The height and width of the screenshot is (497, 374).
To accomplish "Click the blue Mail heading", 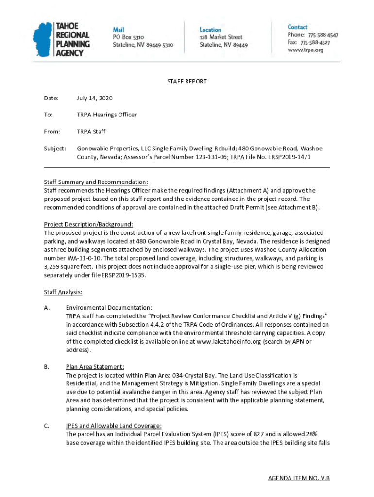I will (x=119, y=30).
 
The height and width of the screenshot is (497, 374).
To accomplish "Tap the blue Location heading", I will (x=210, y=30).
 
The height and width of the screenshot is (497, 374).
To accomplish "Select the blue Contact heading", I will (x=297, y=27).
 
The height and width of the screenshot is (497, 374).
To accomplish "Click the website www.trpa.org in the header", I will (x=305, y=50).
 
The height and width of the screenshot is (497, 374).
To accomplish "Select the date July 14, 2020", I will (x=94, y=98).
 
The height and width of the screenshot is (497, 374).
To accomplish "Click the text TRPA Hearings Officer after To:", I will (x=107, y=115).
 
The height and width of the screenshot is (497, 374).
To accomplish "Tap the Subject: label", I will (x=55, y=148).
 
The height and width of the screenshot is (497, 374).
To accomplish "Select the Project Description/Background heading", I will (x=88, y=224).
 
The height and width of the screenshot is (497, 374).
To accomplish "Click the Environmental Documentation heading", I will (x=109, y=307).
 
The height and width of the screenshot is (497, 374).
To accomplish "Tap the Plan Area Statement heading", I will (x=95, y=367).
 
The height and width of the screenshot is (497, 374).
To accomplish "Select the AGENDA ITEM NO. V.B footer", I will (x=299, y=478).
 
